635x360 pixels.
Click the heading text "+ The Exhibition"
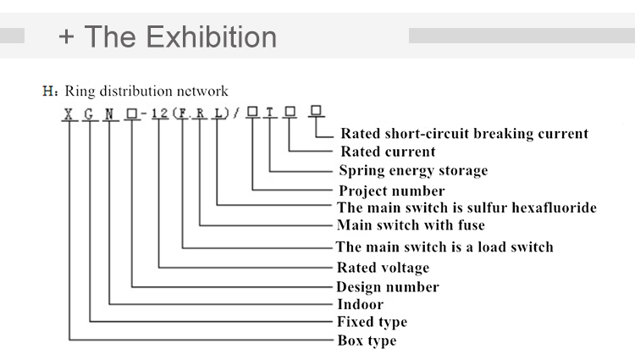tap(168, 36)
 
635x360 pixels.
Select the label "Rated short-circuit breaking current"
tap(464, 134)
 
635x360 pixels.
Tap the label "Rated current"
tap(388, 152)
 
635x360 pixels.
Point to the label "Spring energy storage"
tap(413, 171)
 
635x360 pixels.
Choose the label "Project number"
tap(391, 191)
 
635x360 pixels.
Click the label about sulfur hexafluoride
tap(467, 208)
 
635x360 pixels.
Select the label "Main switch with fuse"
tap(411, 225)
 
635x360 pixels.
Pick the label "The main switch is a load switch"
tap(444, 247)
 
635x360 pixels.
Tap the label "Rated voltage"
tap(383, 268)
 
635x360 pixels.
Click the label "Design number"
tap(388, 287)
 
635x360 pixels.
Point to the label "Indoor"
tap(360, 304)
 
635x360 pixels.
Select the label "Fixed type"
tap(372, 322)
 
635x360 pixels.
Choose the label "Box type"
tap(367, 341)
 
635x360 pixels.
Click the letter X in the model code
tap(67, 112)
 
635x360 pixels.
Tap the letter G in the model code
tap(88, 112)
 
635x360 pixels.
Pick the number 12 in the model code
tap(159, 112)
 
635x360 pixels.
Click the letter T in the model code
tap(270, 112)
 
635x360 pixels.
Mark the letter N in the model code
tap(108, 112)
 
